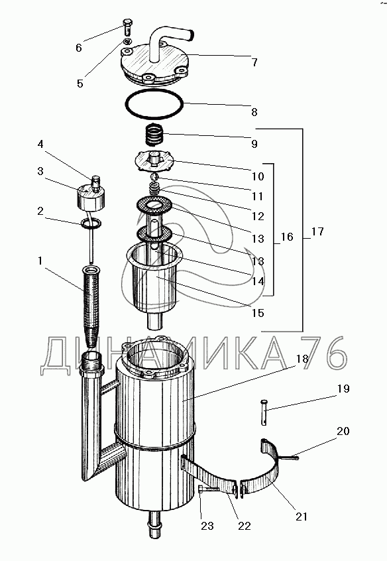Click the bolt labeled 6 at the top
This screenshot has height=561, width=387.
click(x=129, y=28)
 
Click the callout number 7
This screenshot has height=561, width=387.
click(x=254, y=62)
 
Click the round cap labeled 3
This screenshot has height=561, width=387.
click(x=91, y=197)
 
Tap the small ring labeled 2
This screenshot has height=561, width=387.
click(x=91, y=223)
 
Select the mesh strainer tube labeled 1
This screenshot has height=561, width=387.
click(x=91, y=306)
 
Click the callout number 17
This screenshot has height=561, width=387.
click(x=317, y=232)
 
